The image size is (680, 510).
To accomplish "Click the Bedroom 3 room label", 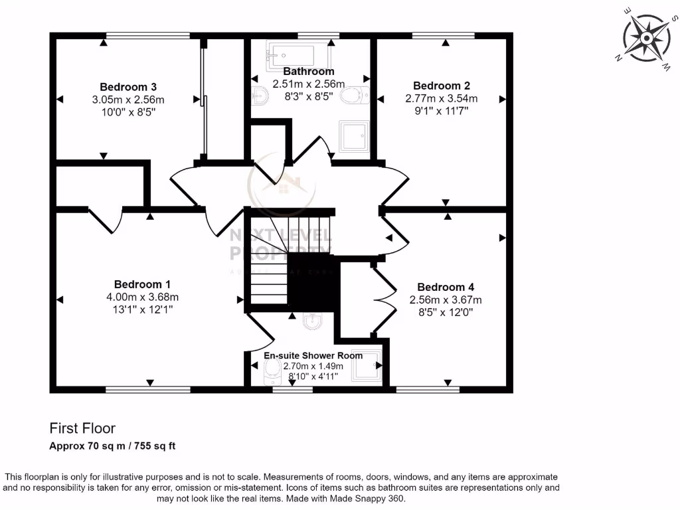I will (128, 87).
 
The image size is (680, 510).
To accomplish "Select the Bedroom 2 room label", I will (442, 86).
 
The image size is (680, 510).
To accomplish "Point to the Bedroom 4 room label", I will (446, 287).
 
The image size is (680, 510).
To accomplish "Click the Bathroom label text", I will (309, 71).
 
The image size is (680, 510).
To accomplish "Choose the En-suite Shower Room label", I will (313, 355).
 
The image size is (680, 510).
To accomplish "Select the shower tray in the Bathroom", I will (353, 136).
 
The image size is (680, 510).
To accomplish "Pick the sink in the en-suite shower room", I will (312, 322).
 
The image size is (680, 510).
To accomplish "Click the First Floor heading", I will (82, 428).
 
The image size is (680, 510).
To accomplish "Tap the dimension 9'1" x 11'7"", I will (442, 111).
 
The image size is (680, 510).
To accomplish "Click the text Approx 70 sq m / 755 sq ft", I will (112, 446).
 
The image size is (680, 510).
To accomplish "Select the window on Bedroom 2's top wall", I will (444, 35).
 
